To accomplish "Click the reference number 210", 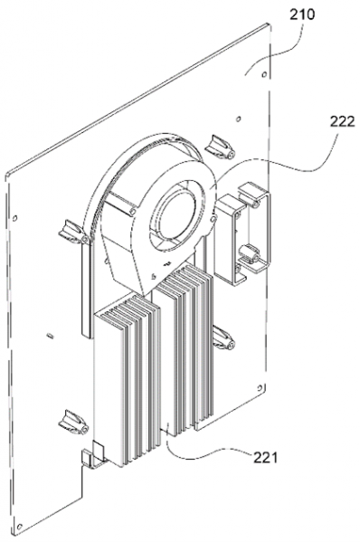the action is pyautogui.click(x=302, y=15).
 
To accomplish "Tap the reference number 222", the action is pyautogui.click(x=342, y=121).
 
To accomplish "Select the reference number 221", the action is pyautogui.click(x=266, y=458).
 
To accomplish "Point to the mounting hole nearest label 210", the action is pyautogui.click(x=264, y=74).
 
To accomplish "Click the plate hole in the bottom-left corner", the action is pyautogui.click(x=20, y=527).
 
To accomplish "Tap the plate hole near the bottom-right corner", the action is pyautogui.click(x=261, y=386).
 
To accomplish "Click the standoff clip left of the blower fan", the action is pyautogui.click(x=73, y=232).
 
